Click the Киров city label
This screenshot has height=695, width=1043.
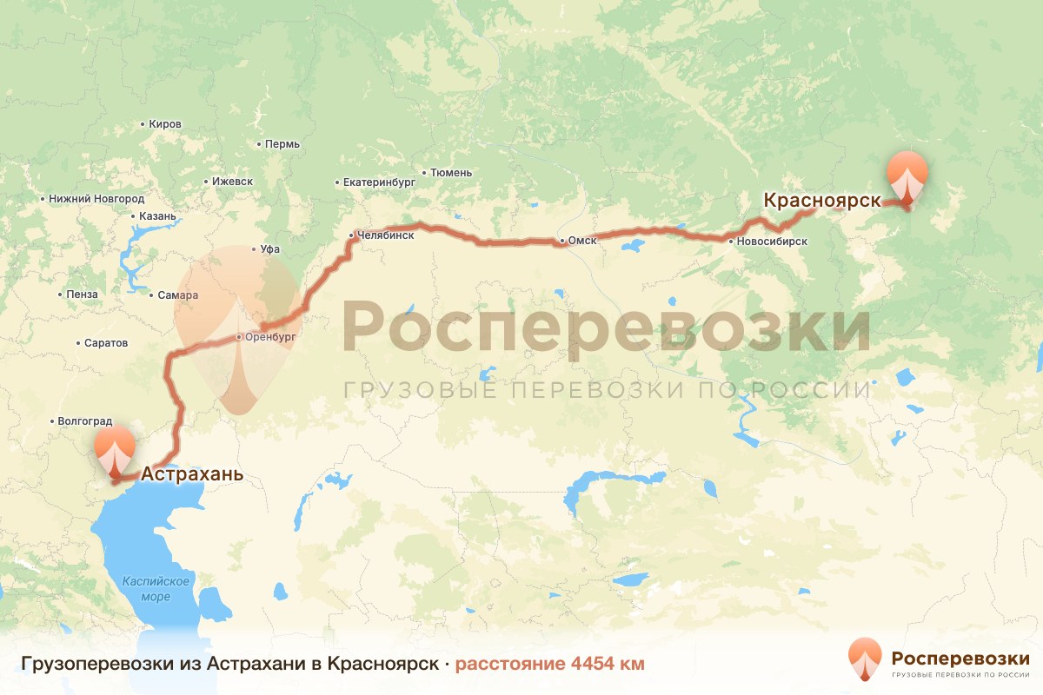165,124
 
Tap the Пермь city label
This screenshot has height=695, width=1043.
282,143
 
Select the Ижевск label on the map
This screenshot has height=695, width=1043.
232,182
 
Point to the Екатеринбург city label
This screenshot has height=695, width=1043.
379,182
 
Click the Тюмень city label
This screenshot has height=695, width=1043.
451,173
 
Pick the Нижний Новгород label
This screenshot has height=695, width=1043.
96,199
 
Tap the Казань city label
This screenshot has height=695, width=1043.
157,216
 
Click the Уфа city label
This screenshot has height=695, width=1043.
269,249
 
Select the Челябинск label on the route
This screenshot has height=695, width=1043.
386,235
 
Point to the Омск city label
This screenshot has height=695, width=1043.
581,241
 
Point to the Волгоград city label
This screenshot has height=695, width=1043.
85,422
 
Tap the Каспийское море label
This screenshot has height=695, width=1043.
156,588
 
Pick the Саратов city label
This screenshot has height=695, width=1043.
106,343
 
